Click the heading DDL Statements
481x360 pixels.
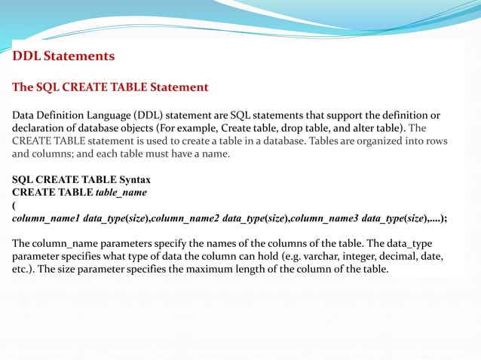[x=63, y=56]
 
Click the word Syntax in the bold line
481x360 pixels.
[x=130, y=181]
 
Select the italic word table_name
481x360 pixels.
[x=121, y=193]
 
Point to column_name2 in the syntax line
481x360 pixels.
[x=185, y=218]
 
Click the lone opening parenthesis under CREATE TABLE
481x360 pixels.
[x=14, y=205]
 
